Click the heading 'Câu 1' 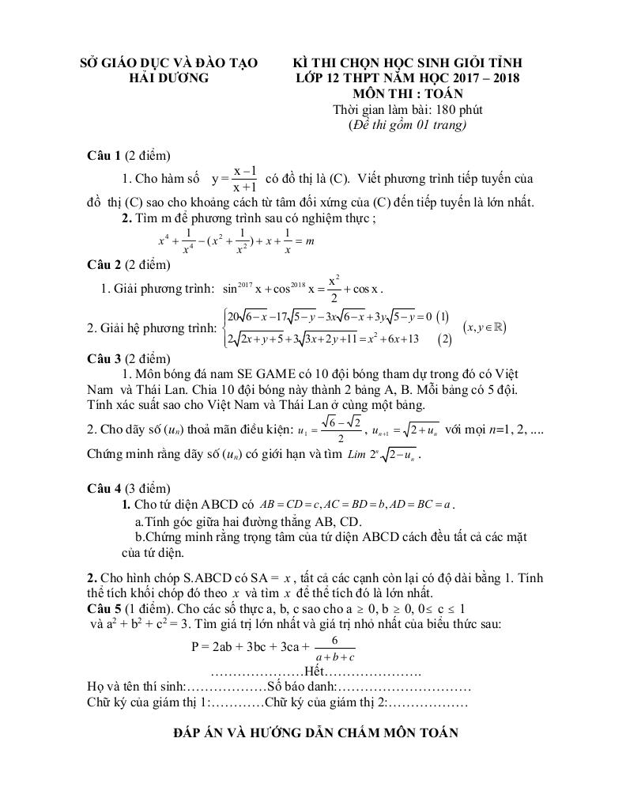coord(104,155)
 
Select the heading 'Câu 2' coord(104,264)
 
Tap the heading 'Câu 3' coord(104,358)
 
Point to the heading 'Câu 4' coord(104,489)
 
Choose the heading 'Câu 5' coord(104,608)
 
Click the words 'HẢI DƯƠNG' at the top coord(169,78)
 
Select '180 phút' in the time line coord(454,109)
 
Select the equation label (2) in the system coord(446,339)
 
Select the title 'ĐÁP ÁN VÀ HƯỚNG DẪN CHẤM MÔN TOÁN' coord(315,733)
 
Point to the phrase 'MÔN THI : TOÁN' coord(407,93)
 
